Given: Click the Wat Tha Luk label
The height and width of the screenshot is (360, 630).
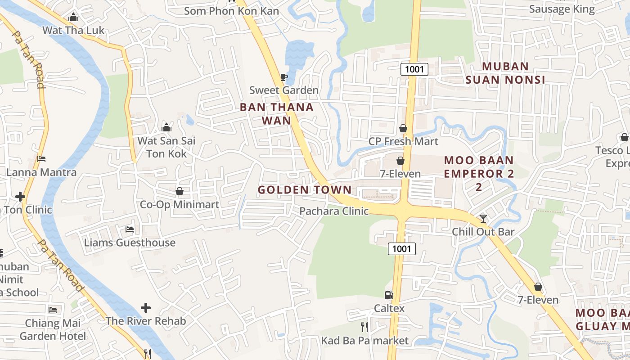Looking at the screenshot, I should click(73, 31).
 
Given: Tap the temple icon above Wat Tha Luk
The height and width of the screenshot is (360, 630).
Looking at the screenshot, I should click(73, 18).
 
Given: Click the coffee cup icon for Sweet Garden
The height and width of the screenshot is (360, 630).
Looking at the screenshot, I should click(283, 77).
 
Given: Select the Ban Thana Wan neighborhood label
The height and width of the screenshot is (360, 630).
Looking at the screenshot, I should click(276, 114).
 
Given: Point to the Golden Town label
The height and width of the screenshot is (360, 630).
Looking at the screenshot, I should click(304, 190).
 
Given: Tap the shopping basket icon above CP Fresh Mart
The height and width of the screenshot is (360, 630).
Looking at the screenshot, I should click(403, 129).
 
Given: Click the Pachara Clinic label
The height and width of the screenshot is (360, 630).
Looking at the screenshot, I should click(334, 211).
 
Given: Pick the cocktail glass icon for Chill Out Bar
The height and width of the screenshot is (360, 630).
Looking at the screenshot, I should click(483, 219).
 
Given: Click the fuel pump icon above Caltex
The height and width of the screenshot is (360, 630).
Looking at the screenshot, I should click(389, 295).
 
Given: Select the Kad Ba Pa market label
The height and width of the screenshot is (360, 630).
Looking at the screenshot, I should click(364, 341).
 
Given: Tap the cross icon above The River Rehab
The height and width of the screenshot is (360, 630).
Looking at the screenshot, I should click(146, 308).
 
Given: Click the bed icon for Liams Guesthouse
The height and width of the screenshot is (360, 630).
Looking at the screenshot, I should click(130, 229).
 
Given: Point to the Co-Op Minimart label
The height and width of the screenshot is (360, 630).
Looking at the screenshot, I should click(180, 205).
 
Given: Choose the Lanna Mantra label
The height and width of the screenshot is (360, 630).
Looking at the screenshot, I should click(41, 172).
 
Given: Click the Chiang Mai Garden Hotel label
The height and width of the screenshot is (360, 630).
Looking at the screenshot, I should click(53, 329).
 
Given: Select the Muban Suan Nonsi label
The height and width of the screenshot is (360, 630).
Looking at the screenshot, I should click(505, 73).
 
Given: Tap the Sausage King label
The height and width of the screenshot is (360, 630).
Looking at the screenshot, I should click(562, 9).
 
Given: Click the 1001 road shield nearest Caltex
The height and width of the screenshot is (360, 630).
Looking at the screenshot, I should click(402, 249).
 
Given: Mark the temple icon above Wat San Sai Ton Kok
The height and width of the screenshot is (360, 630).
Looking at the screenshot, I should click(166, 127).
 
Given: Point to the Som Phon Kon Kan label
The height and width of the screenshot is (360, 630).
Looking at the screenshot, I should click(231, 11).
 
